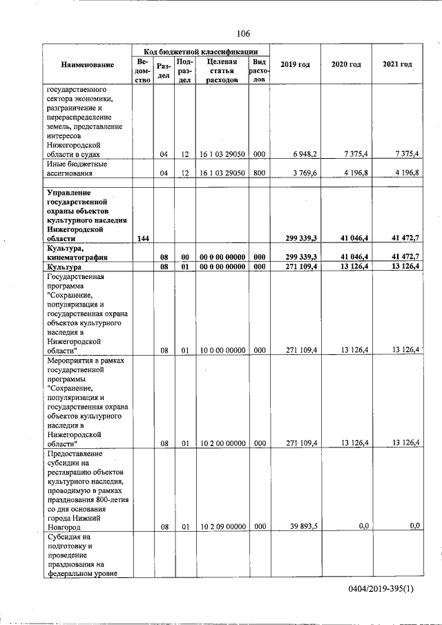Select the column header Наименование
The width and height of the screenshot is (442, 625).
87,65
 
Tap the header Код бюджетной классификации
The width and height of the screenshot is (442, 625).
201,52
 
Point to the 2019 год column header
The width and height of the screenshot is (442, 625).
295,65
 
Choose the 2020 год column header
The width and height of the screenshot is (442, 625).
346,65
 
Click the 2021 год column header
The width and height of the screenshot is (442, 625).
397,65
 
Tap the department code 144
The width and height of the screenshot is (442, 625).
143,238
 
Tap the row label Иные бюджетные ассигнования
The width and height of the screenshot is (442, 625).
76,169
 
